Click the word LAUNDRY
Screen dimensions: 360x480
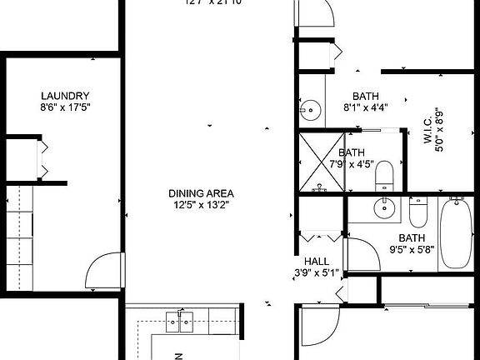[64, 96]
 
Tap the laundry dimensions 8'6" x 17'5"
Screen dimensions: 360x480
[64, 107]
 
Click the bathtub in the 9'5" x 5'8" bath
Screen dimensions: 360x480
[455, 232]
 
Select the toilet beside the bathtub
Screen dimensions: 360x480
[417, 212]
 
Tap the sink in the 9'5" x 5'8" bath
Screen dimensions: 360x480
[385, 208]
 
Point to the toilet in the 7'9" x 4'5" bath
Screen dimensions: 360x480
[385, 176]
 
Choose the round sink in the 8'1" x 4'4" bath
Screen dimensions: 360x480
[311, 108]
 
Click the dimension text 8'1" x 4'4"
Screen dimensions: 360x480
[365, 107]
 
